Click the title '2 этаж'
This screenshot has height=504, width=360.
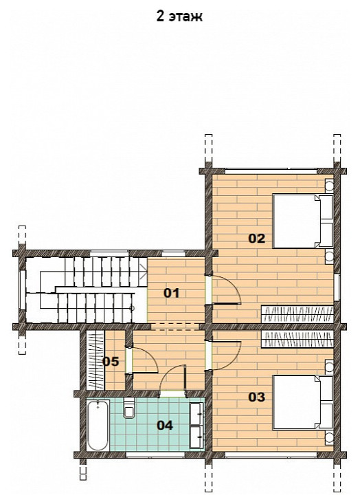(x=179, y=16)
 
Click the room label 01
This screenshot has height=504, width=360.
(x=172, y=293)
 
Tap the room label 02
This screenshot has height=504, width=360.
(x=257, y=239)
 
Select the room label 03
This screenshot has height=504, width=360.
(x=257, y=397)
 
